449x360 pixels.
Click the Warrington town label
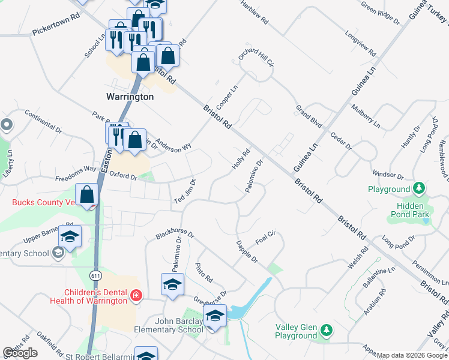(130, 97)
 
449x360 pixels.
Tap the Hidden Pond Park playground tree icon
(418, 189)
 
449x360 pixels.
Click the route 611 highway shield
(95, 275)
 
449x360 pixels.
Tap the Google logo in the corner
(20, 353)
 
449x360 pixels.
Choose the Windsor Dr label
(387, 173)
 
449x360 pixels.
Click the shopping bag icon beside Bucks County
(88, 195)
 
